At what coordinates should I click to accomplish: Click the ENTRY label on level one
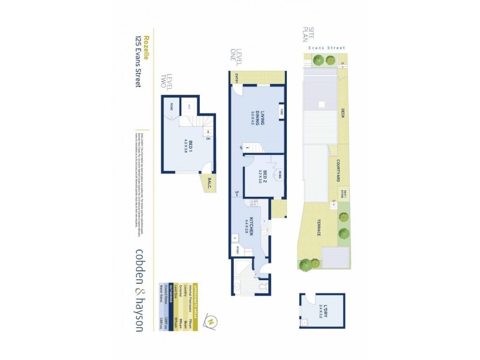(237, 76)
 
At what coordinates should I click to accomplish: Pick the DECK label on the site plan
(343, 112)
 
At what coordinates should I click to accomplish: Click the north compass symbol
(211, 322)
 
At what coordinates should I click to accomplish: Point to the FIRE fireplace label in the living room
(280, 111)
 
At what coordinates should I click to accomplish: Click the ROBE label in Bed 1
(171, 106)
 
